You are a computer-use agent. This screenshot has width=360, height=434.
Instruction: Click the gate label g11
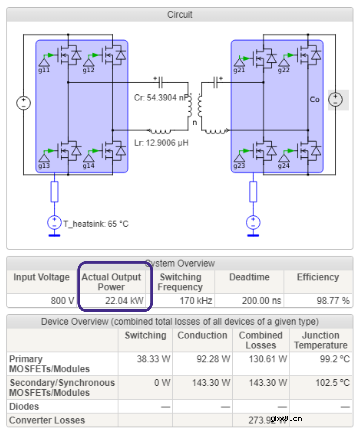point(45,70)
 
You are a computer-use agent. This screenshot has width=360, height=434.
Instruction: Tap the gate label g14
point(88,166)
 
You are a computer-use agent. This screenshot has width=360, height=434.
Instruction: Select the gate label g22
point(284,70)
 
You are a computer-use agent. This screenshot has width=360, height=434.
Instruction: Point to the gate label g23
point(239,166)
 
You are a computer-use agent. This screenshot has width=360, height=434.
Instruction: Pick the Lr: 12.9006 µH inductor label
point(161,142)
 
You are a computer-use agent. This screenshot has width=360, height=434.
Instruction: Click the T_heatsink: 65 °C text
point(96,224)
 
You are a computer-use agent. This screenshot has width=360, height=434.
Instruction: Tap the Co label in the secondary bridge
point(314,99)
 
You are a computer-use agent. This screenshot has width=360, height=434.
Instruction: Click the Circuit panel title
point(180,15)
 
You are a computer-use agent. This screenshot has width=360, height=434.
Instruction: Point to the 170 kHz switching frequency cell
point(196,301)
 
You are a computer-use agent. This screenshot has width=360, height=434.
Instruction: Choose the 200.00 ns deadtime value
point(261,301)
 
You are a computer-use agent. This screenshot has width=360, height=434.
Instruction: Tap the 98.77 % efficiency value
point(332,301)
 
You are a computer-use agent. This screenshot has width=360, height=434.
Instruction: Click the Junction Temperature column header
point(320,340)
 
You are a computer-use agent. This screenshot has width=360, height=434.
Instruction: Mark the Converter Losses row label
point(47,420)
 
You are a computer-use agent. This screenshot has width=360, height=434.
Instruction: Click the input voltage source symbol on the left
point(24,103)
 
